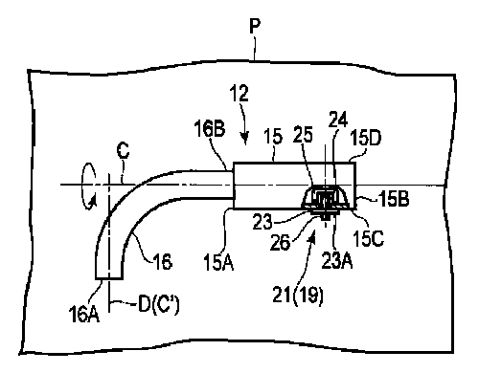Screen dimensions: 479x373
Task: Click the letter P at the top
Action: click(255, 26)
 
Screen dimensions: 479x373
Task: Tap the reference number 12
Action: click(239, 94)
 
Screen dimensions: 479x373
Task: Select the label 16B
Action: click(210, 128)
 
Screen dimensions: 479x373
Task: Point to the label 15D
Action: click(366, 138)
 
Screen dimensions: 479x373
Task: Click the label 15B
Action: click(394, 199)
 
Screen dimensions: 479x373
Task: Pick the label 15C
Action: click(368, 238)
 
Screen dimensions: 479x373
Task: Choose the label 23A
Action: click(337, 261)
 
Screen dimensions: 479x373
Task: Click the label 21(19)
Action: click(298, 295)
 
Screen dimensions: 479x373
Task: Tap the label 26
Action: click(280, 243)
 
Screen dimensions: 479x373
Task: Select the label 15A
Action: click(218, 262)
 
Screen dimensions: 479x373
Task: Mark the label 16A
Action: click(83, 314)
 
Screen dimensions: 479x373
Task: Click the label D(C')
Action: click(159, 304)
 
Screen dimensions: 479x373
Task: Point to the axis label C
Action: click(123, 150)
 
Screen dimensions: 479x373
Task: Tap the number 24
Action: click(338, 120)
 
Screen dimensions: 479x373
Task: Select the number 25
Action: click(303, 134)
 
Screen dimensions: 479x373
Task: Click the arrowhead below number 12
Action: click(244, 139)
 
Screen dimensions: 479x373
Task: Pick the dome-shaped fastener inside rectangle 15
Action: click(325, 198)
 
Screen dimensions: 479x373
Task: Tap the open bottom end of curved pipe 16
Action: click(109, 278)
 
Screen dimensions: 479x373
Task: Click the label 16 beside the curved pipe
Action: click(163, 262)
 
